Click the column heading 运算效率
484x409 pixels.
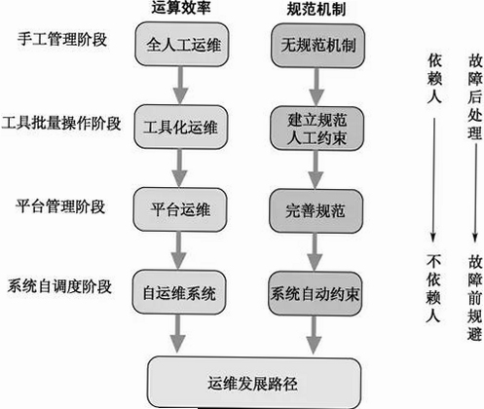[x=181, y=7]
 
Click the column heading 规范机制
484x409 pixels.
[x=316, y=9]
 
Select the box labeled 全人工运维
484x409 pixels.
[x=182, y=45]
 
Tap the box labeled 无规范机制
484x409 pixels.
[x=317, y=46]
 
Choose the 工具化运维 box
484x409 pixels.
[x=181, y=127]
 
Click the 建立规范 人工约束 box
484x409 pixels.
[x=316, y=129]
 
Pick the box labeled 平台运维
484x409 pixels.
[x=180, y=209]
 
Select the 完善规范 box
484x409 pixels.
[x=316, y=211]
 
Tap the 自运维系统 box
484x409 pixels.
[x=179, y=292]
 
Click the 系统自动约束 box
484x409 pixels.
[x=315, y=294]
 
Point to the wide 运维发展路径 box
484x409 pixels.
[x=254, y=383]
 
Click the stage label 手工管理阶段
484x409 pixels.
[x=62, y=39]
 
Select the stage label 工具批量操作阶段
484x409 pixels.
[x=61, y=124]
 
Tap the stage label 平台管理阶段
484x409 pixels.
[x=60, y=206]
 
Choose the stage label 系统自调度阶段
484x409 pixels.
[x=59, y=286]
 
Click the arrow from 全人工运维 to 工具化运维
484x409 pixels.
[x=181, y=86]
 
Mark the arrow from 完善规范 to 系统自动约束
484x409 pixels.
[x=315, y=252]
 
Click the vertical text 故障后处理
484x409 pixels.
[x=474, y=96]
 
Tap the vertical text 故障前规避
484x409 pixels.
[x=474, y=298]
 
